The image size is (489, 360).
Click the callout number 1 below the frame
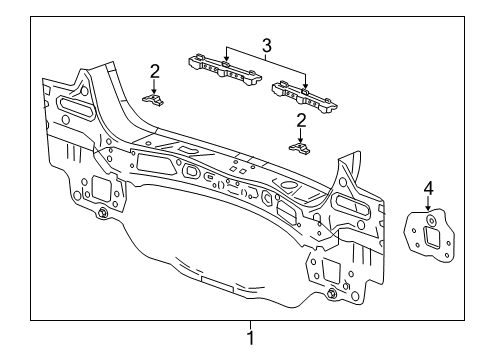250,337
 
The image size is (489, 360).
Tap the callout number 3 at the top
266,44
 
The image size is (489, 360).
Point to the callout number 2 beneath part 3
300,121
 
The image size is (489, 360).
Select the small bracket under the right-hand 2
299,147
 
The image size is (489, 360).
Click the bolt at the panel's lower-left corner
104,213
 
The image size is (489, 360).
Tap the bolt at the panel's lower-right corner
331,293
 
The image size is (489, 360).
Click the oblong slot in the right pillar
352,204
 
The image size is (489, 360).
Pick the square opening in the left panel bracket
99,187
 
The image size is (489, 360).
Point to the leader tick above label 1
250,323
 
